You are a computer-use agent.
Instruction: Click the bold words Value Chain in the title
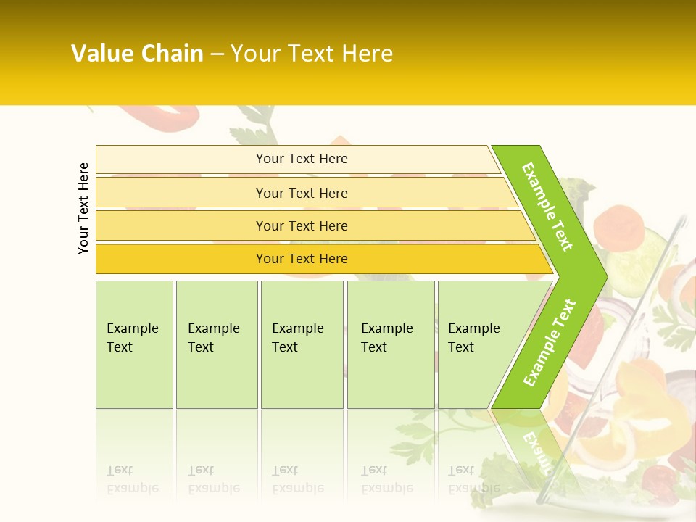[x=137, y=54]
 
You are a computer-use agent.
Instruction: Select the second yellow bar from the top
[x=301, y=193]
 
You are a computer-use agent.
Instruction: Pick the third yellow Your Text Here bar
[x=301, y=225]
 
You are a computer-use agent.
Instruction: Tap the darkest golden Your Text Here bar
[x=301, y=259]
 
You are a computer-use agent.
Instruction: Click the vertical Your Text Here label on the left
[x=83, y=208]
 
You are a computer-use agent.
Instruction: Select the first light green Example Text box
[x=134, y=344]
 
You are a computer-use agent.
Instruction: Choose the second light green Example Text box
[x=216, y=344]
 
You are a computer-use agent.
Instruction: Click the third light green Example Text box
[x=302, y=344]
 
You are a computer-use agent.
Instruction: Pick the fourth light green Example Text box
[x=390, y=344]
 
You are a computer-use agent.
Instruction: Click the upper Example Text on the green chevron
[x=548, y=207]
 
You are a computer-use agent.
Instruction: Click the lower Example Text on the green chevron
[x=550, y=342]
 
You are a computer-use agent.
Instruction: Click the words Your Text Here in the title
[x=312, y=54]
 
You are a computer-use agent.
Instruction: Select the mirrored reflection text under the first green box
[x=133, y=480]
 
